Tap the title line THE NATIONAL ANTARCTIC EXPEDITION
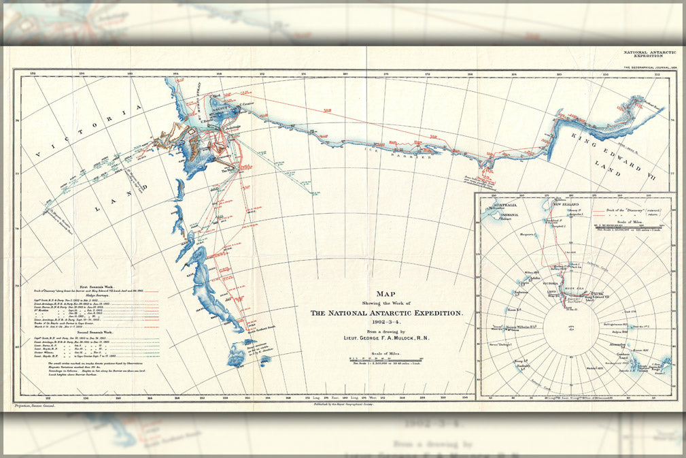click(386, 313)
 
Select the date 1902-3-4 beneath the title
click(386, 322)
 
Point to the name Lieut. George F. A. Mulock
click(386, 338)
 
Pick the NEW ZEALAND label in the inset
click(566, 204)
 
